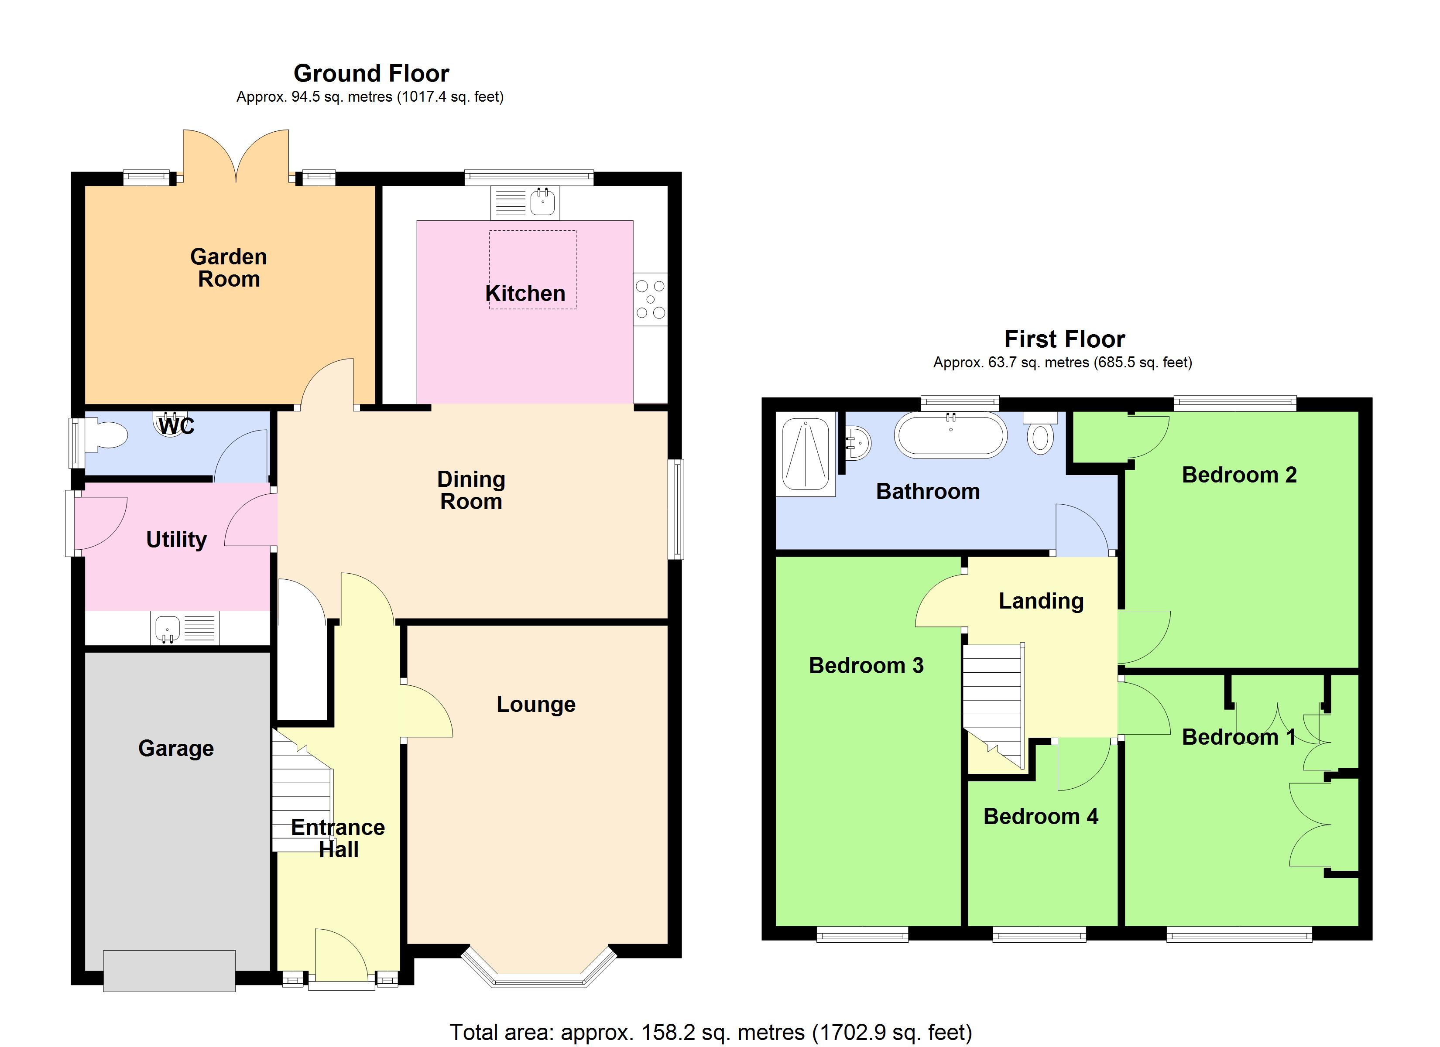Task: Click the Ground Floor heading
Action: pos(371,74)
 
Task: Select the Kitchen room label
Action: pos(525,293)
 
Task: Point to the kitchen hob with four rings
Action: pos(650,299)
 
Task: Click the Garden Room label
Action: pos(229,268)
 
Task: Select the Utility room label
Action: pos(176,539)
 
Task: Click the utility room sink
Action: pos(168,628)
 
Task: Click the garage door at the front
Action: pos(169,970)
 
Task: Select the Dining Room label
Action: pos(471,490)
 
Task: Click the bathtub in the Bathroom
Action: pos(950,435)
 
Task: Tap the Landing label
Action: pos(1041,601)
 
